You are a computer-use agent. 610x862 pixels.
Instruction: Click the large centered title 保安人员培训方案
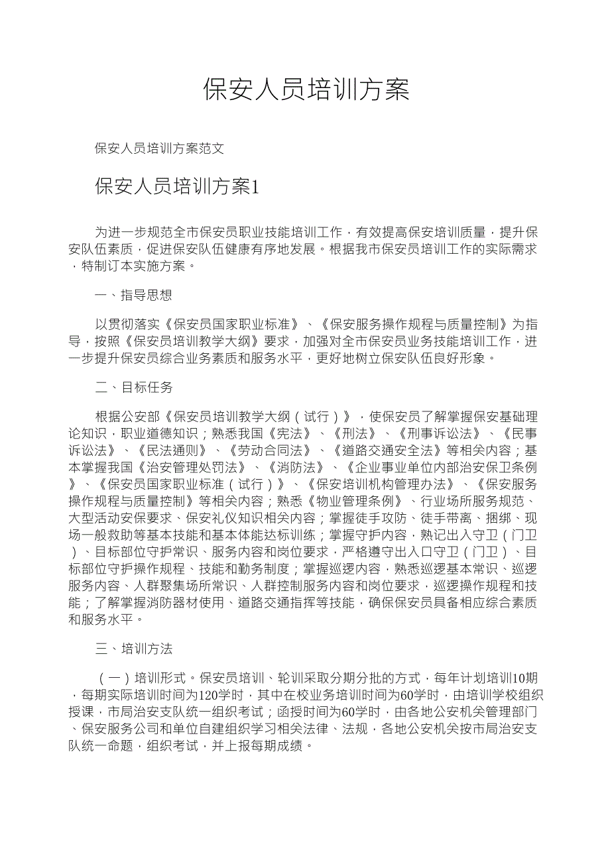306,89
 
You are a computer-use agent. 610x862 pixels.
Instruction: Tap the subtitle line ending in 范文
160,148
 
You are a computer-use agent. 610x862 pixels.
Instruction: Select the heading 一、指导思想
134,296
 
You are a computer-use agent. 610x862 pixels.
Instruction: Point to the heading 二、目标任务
134,388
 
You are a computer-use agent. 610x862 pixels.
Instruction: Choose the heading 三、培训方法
134,649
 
